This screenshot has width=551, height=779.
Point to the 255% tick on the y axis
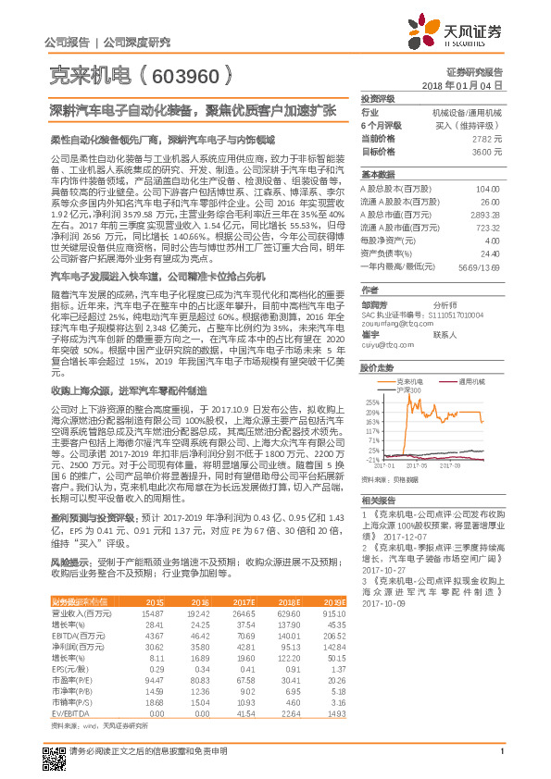(371, 402)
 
